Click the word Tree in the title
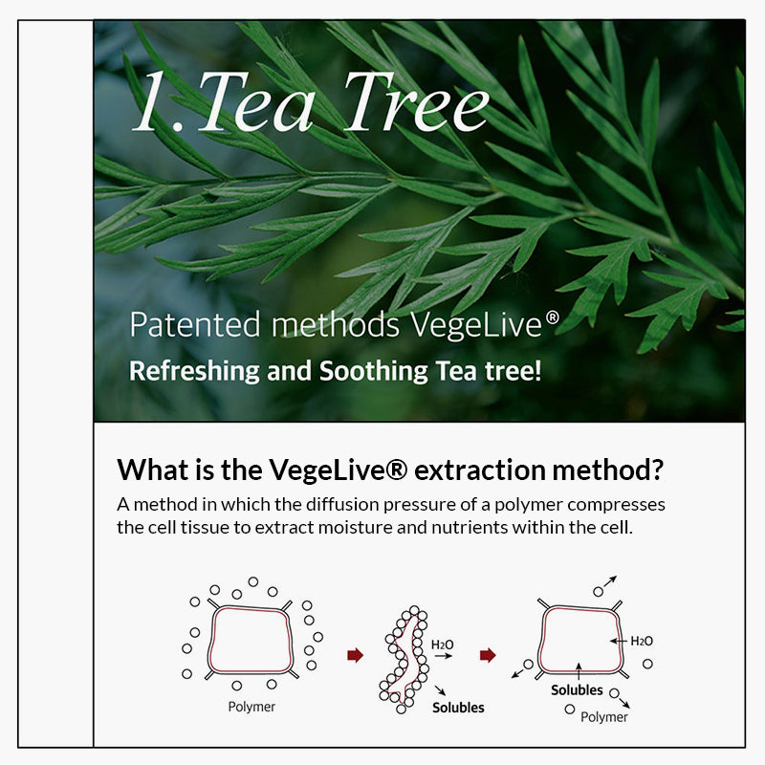click(416, 102)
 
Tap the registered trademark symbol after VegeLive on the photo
click(552, 317)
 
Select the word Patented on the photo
click(195, 325)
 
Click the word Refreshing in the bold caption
click(194, 371)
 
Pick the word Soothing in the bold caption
click(373, 371)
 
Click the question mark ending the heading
click(657, 470)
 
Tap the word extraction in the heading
click(480, 470)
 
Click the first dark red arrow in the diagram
click(355, 655)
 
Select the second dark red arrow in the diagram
click(488, 655)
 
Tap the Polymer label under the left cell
click(251, 707)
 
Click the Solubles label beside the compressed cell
click(458, 708)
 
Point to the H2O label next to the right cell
click(642, 641)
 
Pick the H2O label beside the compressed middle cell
click(442, 645)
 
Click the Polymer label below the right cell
click(604, 717)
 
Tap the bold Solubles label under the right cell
click(577, 689)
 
